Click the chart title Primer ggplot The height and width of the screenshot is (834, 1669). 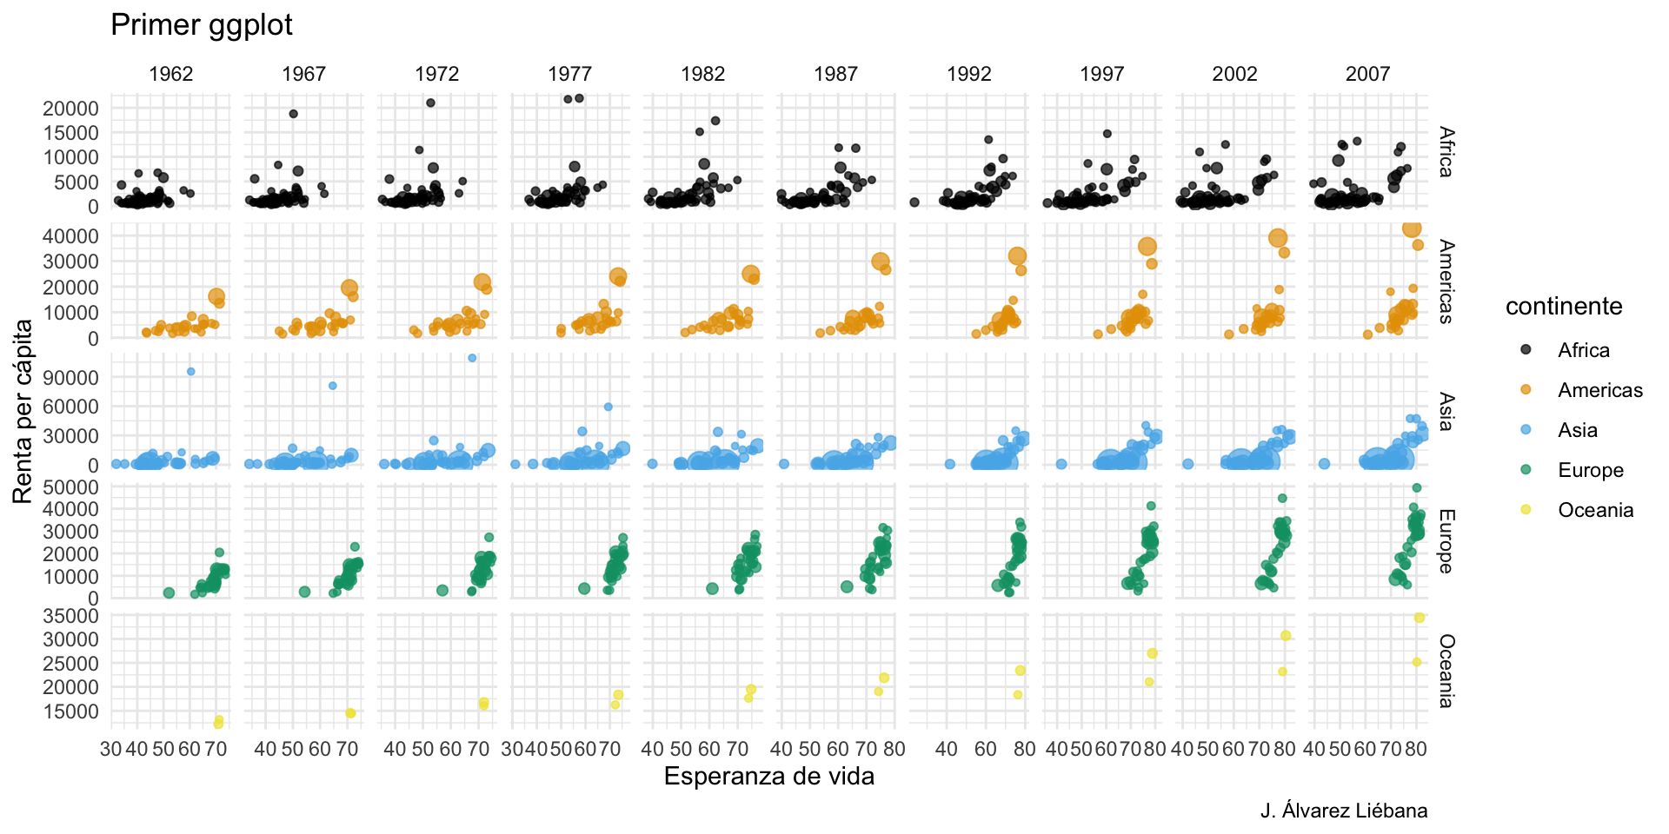point(201,25)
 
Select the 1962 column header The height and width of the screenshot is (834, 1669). point(170,74)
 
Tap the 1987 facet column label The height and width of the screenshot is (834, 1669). point(835,74)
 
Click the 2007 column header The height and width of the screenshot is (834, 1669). point(1367,74)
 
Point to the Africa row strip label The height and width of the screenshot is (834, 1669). point(1445,152)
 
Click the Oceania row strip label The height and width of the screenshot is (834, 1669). point(1445,671)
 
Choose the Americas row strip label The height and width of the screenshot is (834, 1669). point(1445,281)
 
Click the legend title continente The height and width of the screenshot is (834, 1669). point(1564,306)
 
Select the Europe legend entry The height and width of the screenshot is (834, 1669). point(1590,470)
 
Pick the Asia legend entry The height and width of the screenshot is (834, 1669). point(1577,430)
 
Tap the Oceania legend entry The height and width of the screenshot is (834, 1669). point(1595,510)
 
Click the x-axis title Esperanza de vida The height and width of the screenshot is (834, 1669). point(768,776)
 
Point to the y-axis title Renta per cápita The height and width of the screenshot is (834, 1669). point(23,411)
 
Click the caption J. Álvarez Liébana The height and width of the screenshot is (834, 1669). point(1343,811)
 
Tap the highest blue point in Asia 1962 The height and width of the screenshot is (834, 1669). point(191,372)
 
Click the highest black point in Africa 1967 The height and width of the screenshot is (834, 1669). point(293,114)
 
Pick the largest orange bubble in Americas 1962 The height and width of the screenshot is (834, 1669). point(216,296)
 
